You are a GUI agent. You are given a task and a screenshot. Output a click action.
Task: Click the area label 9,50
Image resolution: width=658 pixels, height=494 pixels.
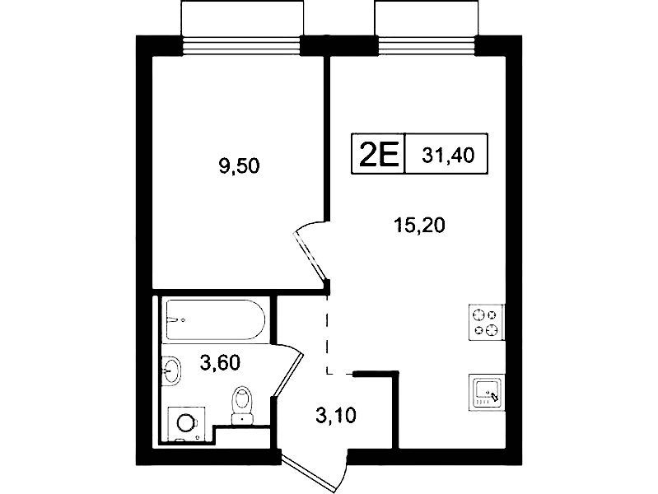point(239,166)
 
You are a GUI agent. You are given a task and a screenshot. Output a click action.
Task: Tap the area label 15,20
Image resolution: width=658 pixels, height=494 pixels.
point(419,226)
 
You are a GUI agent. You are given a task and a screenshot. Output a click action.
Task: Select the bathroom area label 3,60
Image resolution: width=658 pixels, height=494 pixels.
point(220,362)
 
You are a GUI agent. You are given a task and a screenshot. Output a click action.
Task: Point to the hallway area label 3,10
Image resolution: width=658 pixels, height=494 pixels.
point(336,416)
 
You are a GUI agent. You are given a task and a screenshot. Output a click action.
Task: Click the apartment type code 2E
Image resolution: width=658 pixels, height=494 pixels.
point(378,154)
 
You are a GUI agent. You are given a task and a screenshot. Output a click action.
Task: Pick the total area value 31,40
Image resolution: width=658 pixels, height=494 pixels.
point(448,156)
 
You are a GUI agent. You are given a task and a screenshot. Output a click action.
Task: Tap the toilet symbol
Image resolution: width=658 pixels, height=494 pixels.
point(243,405)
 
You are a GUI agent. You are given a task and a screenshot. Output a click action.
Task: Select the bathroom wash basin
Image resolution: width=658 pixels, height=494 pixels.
point(171,370)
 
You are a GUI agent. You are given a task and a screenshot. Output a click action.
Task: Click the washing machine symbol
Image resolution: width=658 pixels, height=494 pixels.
point(186,423)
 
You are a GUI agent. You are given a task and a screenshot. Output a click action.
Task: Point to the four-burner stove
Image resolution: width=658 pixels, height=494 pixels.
point(486,322)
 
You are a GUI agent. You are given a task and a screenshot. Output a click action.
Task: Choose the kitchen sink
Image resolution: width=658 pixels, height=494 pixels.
point(486,392)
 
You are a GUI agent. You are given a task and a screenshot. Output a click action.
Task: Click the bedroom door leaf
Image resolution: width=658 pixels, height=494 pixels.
point(310,255)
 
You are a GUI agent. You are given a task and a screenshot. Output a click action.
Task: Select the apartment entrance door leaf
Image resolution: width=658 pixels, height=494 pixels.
point(309,472)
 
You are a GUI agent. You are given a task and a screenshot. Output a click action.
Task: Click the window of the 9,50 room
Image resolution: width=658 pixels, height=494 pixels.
point(242,46)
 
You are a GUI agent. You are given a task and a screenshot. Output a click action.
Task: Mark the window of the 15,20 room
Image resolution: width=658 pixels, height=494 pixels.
point(427,46)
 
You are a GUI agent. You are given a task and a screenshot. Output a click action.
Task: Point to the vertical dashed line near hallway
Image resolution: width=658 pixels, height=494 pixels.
point(327,333)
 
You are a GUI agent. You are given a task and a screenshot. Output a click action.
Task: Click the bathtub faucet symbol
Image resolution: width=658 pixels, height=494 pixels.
point(176,320)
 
